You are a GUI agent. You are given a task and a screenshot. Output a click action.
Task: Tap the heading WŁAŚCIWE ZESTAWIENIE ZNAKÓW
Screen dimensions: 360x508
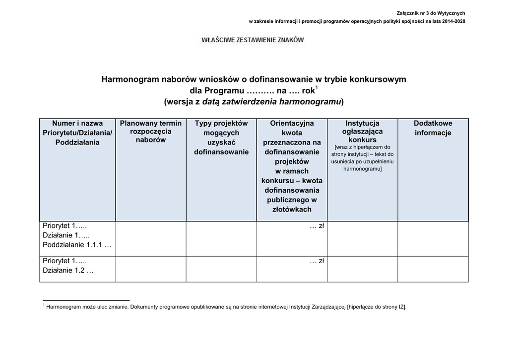click(253, 40)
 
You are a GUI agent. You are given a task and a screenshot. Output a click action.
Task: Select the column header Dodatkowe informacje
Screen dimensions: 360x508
click(433, 128)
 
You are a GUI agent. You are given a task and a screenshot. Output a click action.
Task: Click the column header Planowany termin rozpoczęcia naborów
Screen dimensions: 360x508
click(151, 132)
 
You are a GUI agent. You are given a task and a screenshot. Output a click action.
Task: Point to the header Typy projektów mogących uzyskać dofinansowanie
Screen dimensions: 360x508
click(221, 138)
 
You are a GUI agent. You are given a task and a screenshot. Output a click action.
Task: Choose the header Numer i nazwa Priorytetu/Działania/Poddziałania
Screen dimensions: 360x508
click(77, 133)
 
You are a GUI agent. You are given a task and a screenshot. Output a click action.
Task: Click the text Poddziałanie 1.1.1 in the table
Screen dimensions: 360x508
click(77, 245)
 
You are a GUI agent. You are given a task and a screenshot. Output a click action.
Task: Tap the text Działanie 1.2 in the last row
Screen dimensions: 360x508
click(68, 271)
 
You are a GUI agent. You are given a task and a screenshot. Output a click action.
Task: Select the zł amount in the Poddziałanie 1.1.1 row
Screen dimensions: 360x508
click(317, 226)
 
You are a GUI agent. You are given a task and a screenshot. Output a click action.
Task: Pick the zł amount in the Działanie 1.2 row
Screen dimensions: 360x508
click(317, 261)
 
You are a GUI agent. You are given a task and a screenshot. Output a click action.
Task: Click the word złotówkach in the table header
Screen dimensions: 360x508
click(292, 210)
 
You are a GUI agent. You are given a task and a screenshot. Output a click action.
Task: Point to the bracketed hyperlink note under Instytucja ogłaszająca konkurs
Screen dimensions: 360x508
click(362, 158)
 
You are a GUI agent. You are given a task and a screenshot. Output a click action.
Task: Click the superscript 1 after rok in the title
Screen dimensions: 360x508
click(317, 88)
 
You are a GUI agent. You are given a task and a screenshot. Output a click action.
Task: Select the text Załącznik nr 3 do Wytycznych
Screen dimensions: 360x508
click(431, 13)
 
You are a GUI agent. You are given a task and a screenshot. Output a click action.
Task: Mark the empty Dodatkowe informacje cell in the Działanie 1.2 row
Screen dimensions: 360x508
click(433, 269)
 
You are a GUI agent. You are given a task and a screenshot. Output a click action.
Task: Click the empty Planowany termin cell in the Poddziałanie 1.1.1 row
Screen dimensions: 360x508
click(151, 238)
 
